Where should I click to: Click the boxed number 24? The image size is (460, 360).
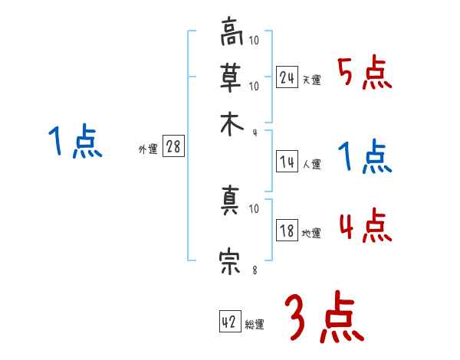point(287,77)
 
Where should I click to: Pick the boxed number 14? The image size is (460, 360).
point(287,162)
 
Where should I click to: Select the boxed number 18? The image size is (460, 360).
point(287,231)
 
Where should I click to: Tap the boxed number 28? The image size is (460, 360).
point(173,147)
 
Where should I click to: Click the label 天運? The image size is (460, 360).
point(311,80)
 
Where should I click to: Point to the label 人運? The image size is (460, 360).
point(311,164)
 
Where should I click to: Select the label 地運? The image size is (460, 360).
point(311,233)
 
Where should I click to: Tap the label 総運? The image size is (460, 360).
point(255,324)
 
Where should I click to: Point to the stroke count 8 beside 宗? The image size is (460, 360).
point(255,270)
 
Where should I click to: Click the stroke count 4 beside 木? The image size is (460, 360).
point(255,132)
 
